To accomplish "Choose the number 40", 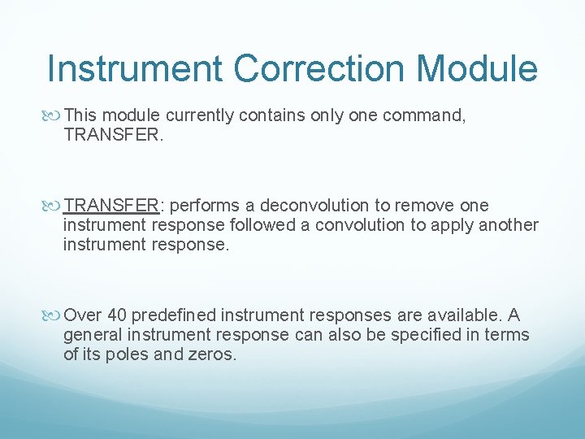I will (x=116, y=315).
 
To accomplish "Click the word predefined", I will (x=173, y=315).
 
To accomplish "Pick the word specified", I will (x=435, y=335).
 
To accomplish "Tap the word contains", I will (x=272, y=116).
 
